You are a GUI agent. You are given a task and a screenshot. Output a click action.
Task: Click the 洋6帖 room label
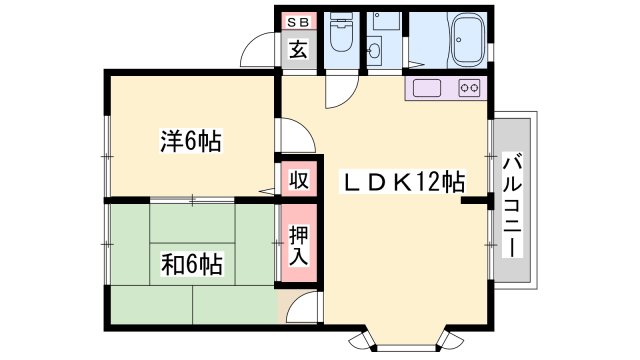[x=190, y=141]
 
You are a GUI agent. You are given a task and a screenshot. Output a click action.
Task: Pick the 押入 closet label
[x=299, y=246]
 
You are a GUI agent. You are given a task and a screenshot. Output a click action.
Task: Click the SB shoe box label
[x=298, y=21]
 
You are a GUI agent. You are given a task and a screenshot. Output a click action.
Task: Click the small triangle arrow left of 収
[x=267, y=189]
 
